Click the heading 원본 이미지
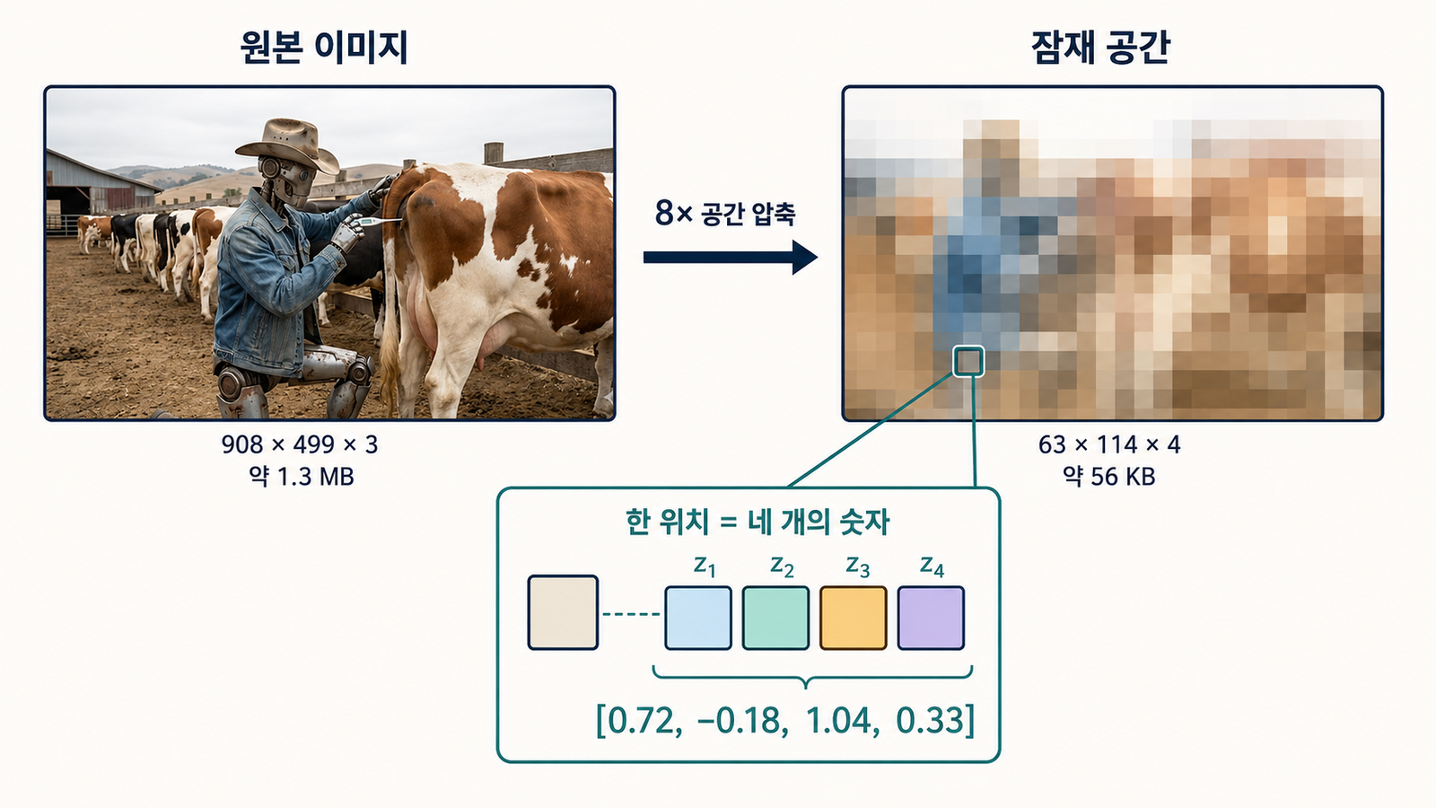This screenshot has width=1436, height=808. (x=324, y=48)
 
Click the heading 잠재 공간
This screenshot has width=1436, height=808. (x=1100, y=48)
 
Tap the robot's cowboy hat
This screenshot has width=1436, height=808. (x=288, y=145)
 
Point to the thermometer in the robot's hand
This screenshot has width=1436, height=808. (x=380, y=222)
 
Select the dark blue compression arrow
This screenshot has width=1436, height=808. (x=731, y=257)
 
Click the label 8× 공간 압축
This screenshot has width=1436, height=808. (x=725, y=212)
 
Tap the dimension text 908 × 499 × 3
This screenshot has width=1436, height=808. (x=300, y=444)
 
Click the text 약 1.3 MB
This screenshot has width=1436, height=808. (x=302, y=477)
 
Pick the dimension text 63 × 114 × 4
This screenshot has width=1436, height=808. (x=1109, y=444)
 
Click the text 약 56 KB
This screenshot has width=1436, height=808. (x=1109, y=477)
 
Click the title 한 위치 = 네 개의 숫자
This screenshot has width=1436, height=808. (x=757, y=522)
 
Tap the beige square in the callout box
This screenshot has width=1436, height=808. (x=563, y=612)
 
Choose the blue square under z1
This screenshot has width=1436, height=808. (x=698, y=618)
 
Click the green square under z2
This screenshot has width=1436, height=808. (x=775, y=618)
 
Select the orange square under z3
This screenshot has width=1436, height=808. (x=854, y=618)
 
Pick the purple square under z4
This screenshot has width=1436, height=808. (x=931, y=618)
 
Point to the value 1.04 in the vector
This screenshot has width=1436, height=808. (x=838, y=721)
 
